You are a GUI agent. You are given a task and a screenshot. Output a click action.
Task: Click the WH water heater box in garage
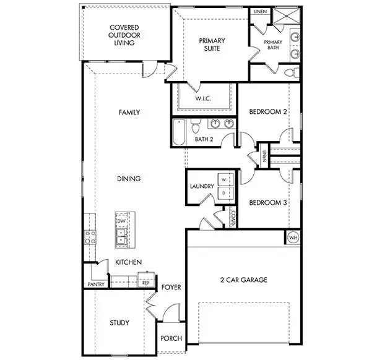(292, 237)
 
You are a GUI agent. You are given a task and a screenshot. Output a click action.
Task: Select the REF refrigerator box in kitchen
(146, 282)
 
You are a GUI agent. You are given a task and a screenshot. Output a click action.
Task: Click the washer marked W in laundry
(225, 180)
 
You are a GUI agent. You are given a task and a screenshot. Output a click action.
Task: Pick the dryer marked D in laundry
(225, 194)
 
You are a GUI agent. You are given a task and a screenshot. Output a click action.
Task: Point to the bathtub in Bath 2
(179, 132)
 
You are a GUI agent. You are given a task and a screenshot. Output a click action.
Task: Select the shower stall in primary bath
(286, 17)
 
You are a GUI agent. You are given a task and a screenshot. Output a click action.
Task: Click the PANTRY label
(95, 285)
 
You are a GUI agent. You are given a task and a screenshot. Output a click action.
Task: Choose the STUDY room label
(119, 322)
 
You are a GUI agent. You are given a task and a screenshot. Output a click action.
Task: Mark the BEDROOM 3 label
(268, 202)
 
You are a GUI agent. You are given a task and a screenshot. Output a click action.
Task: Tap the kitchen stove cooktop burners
(89, 236)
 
